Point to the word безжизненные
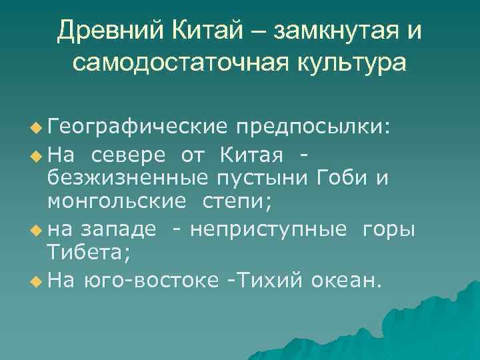pos(126,178)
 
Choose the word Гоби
pos(341,178)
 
